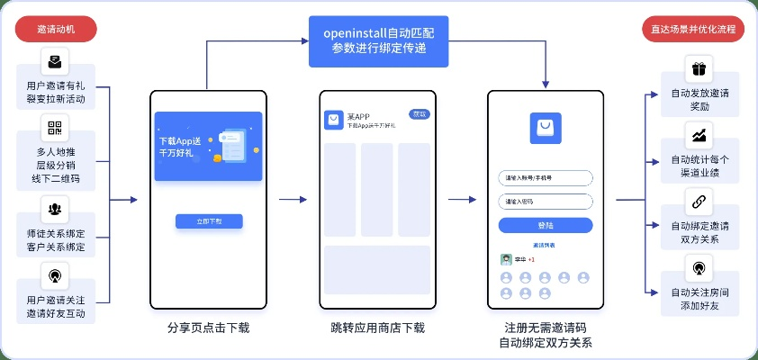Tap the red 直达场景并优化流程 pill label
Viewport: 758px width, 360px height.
point(692,29)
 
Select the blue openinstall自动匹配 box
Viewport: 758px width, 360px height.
point(378,41)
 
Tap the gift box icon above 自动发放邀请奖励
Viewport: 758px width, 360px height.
point(699,68)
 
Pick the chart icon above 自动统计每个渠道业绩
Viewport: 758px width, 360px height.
point(699,135)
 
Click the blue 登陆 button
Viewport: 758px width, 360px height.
point(546,225)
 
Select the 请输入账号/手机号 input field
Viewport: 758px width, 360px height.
point(546,177)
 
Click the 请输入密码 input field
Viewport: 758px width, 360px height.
point(546,202)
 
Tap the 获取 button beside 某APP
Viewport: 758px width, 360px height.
point(419,114)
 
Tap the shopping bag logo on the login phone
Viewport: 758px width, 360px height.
point(546,129)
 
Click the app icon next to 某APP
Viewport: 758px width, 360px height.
point(334,120)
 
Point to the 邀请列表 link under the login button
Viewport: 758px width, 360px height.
point(544,245)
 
